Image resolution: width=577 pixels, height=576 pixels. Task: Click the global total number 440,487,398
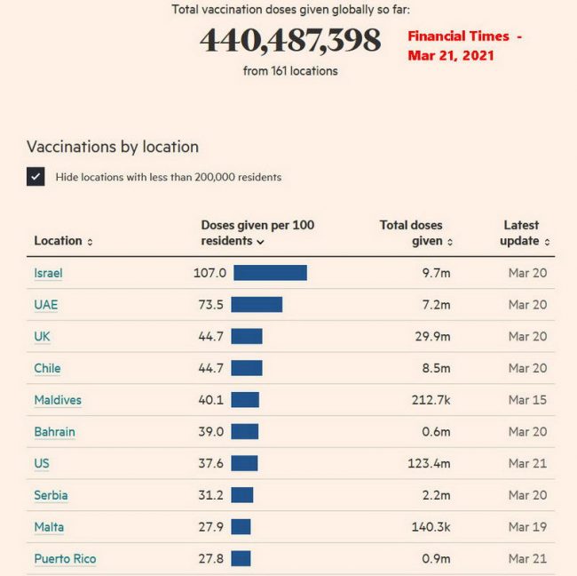290,41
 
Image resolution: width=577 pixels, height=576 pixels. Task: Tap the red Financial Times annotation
464,45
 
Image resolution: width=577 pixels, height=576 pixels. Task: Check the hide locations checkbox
36,176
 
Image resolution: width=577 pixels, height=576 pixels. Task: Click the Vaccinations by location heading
113,147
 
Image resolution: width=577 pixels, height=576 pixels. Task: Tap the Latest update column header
524,233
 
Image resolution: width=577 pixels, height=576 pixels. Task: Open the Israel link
48,273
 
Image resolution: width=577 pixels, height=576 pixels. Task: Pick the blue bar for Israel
270,273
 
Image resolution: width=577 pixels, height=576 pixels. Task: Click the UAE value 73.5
210,305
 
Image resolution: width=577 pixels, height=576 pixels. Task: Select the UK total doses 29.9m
435,337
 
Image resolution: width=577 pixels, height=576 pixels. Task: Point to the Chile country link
47,368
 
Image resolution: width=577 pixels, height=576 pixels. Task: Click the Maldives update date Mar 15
527,400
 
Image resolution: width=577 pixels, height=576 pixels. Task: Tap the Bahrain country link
54,432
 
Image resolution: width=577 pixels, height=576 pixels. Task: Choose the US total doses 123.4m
431,464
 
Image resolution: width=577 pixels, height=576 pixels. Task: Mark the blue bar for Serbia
242,495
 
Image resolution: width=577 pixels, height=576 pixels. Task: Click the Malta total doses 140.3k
431,527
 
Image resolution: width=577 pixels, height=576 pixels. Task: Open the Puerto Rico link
65,559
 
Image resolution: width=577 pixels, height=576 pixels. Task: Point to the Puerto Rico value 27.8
210,559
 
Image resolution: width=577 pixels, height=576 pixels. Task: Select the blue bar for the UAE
257,305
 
